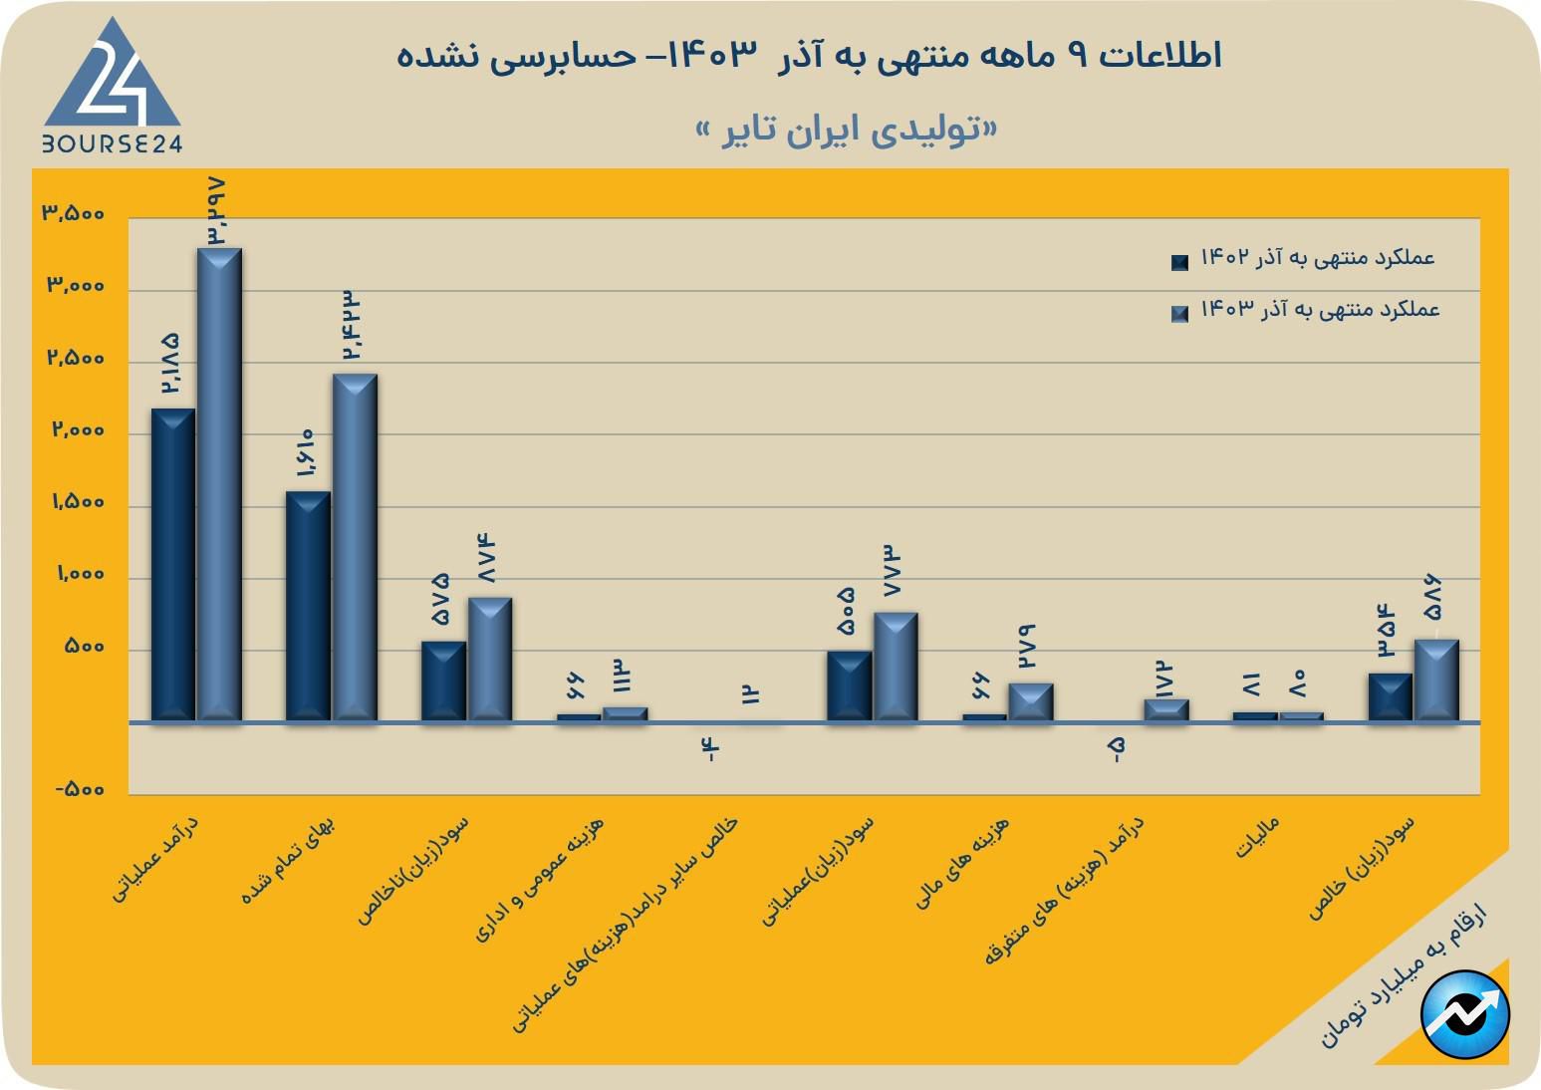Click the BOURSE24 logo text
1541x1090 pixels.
(112, 143)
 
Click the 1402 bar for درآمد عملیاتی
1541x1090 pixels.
(172, 564)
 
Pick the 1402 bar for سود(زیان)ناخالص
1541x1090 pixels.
(443, 681)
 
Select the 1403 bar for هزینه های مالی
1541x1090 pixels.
(1030, 701)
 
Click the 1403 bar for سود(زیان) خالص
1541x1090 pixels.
(1436, 680)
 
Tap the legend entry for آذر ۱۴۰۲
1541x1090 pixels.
(1304, 259)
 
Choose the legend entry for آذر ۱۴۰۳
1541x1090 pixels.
(1306, 311)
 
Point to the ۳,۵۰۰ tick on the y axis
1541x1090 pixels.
(73, 214)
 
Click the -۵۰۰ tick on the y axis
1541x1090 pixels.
(79, 790)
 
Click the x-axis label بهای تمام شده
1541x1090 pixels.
(289, 860)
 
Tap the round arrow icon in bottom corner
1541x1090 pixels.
(1465, 1014)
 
